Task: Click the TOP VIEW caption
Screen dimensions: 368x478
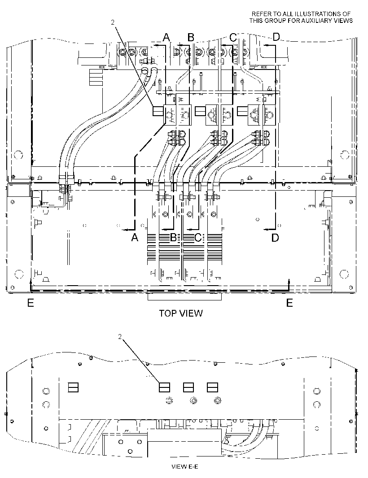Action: pyautogui.click(x=181, y=313)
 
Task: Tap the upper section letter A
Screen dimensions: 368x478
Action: pyautogui.click(x=166, y=37)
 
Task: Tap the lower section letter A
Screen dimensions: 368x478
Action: pyautogui.click(x=135, y=237)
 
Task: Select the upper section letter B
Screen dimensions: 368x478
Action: pyautogui.click(x=191, y=37)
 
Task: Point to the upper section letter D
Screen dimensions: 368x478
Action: pyautogui.click(x=276, y=37)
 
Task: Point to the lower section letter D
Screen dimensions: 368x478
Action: pyautogui.click(x=275, y=237)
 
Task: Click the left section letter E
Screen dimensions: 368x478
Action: pyautogui.click(x=31, y=303)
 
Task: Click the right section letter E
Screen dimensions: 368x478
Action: pyautogui.click(x=289, y=303)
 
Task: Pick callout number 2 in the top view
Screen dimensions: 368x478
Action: pyautogui.click(x=113, y=22)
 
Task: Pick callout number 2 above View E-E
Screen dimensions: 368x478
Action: pyautogui.click(x=120, y=336)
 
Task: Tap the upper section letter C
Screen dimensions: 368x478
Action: pyautogui.click(x=233, y=37)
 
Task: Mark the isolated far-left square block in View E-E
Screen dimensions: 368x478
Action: pyautogui.click(x=73, y=387)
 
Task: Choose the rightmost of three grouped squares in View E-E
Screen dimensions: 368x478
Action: pyautogui.click(x=212, y=387)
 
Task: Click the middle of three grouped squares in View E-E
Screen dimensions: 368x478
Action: pyautogui.click(x=188, y=387)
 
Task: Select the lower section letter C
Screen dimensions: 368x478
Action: pyautogui.click(x=198, y=237)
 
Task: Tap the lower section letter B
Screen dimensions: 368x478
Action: pyautogui.click(x=173, y=237)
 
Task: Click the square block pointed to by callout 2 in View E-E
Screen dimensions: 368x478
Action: pyautogui.click(x=164, y=387)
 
